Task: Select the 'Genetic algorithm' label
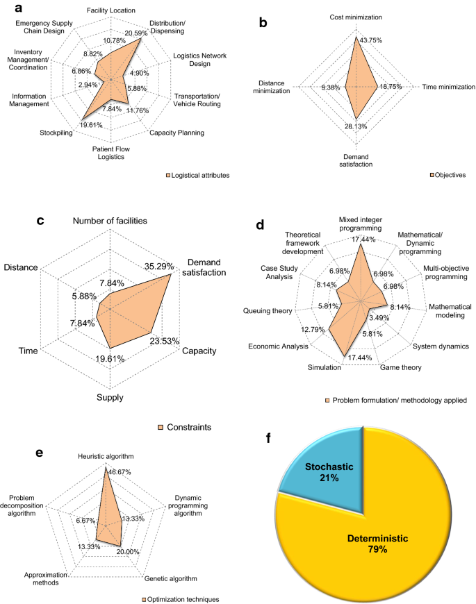click(170, 578)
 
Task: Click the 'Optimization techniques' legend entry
click(183, 598)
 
